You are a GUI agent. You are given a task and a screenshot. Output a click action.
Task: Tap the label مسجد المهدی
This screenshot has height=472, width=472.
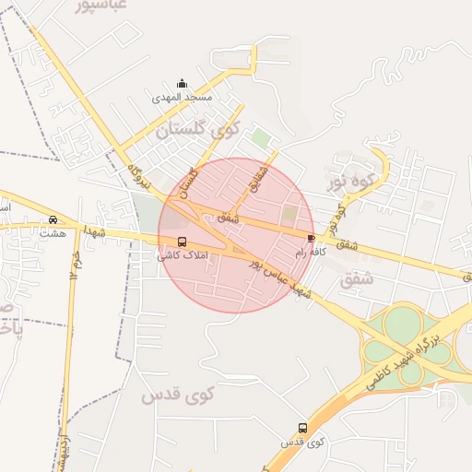183,97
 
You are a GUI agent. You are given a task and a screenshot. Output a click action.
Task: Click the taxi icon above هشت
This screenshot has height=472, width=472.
53,220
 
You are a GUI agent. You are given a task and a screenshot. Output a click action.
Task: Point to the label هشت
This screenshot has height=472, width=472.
53,233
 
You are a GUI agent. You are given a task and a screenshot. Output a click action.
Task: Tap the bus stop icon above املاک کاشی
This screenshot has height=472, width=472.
181,242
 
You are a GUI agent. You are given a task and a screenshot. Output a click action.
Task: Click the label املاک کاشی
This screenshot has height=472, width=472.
184,254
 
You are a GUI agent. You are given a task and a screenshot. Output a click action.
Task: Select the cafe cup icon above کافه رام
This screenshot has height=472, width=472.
310,238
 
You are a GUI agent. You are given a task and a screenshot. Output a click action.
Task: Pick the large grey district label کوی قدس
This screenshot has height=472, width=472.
177,395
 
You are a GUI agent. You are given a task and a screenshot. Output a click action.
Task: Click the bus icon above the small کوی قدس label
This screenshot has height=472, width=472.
302,428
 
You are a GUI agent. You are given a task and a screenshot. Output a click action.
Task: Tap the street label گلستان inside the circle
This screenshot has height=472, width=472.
188,182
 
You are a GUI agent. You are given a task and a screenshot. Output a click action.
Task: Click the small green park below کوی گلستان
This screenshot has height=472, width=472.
263,139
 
